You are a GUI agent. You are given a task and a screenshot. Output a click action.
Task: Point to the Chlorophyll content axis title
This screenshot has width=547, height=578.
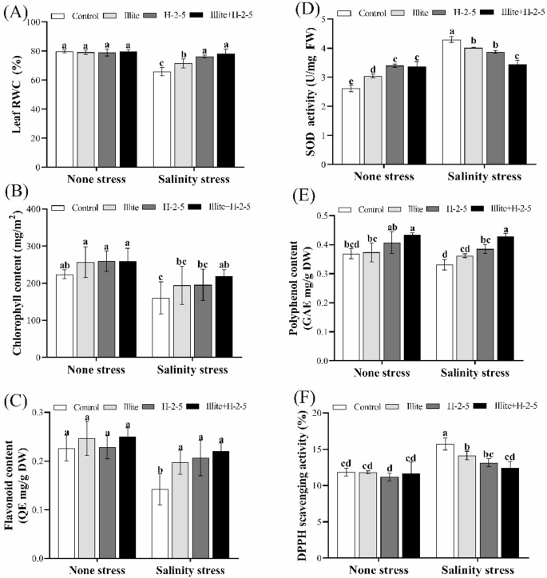[13, 283]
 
